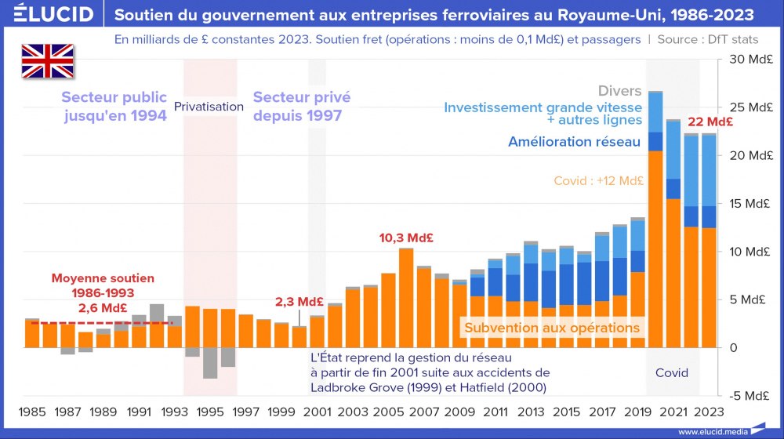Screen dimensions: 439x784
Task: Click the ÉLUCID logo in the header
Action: pos(49,15)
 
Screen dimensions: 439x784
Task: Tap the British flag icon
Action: pos(47,61)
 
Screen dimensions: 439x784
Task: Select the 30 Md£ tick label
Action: pos(749,60)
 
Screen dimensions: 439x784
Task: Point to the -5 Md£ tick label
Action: pos(750,395)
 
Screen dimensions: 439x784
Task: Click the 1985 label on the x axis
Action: pos(31,411)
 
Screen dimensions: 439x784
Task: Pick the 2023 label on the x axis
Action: pos(709,411)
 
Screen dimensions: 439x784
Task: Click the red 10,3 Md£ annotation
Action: pos(407,238)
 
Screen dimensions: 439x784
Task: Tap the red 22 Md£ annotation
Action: pos(710,122)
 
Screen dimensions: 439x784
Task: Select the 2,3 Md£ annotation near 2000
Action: pos(299,302)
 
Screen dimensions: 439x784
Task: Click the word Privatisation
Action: pos(209,106)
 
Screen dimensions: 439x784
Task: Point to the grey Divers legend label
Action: pos(619,91)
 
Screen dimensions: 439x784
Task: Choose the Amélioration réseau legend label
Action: pos(575,142)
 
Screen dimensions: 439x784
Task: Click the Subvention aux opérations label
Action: pos(552,328)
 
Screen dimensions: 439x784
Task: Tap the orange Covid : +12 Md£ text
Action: pos(599,181)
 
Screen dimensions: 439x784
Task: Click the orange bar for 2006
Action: pos(406,298)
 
